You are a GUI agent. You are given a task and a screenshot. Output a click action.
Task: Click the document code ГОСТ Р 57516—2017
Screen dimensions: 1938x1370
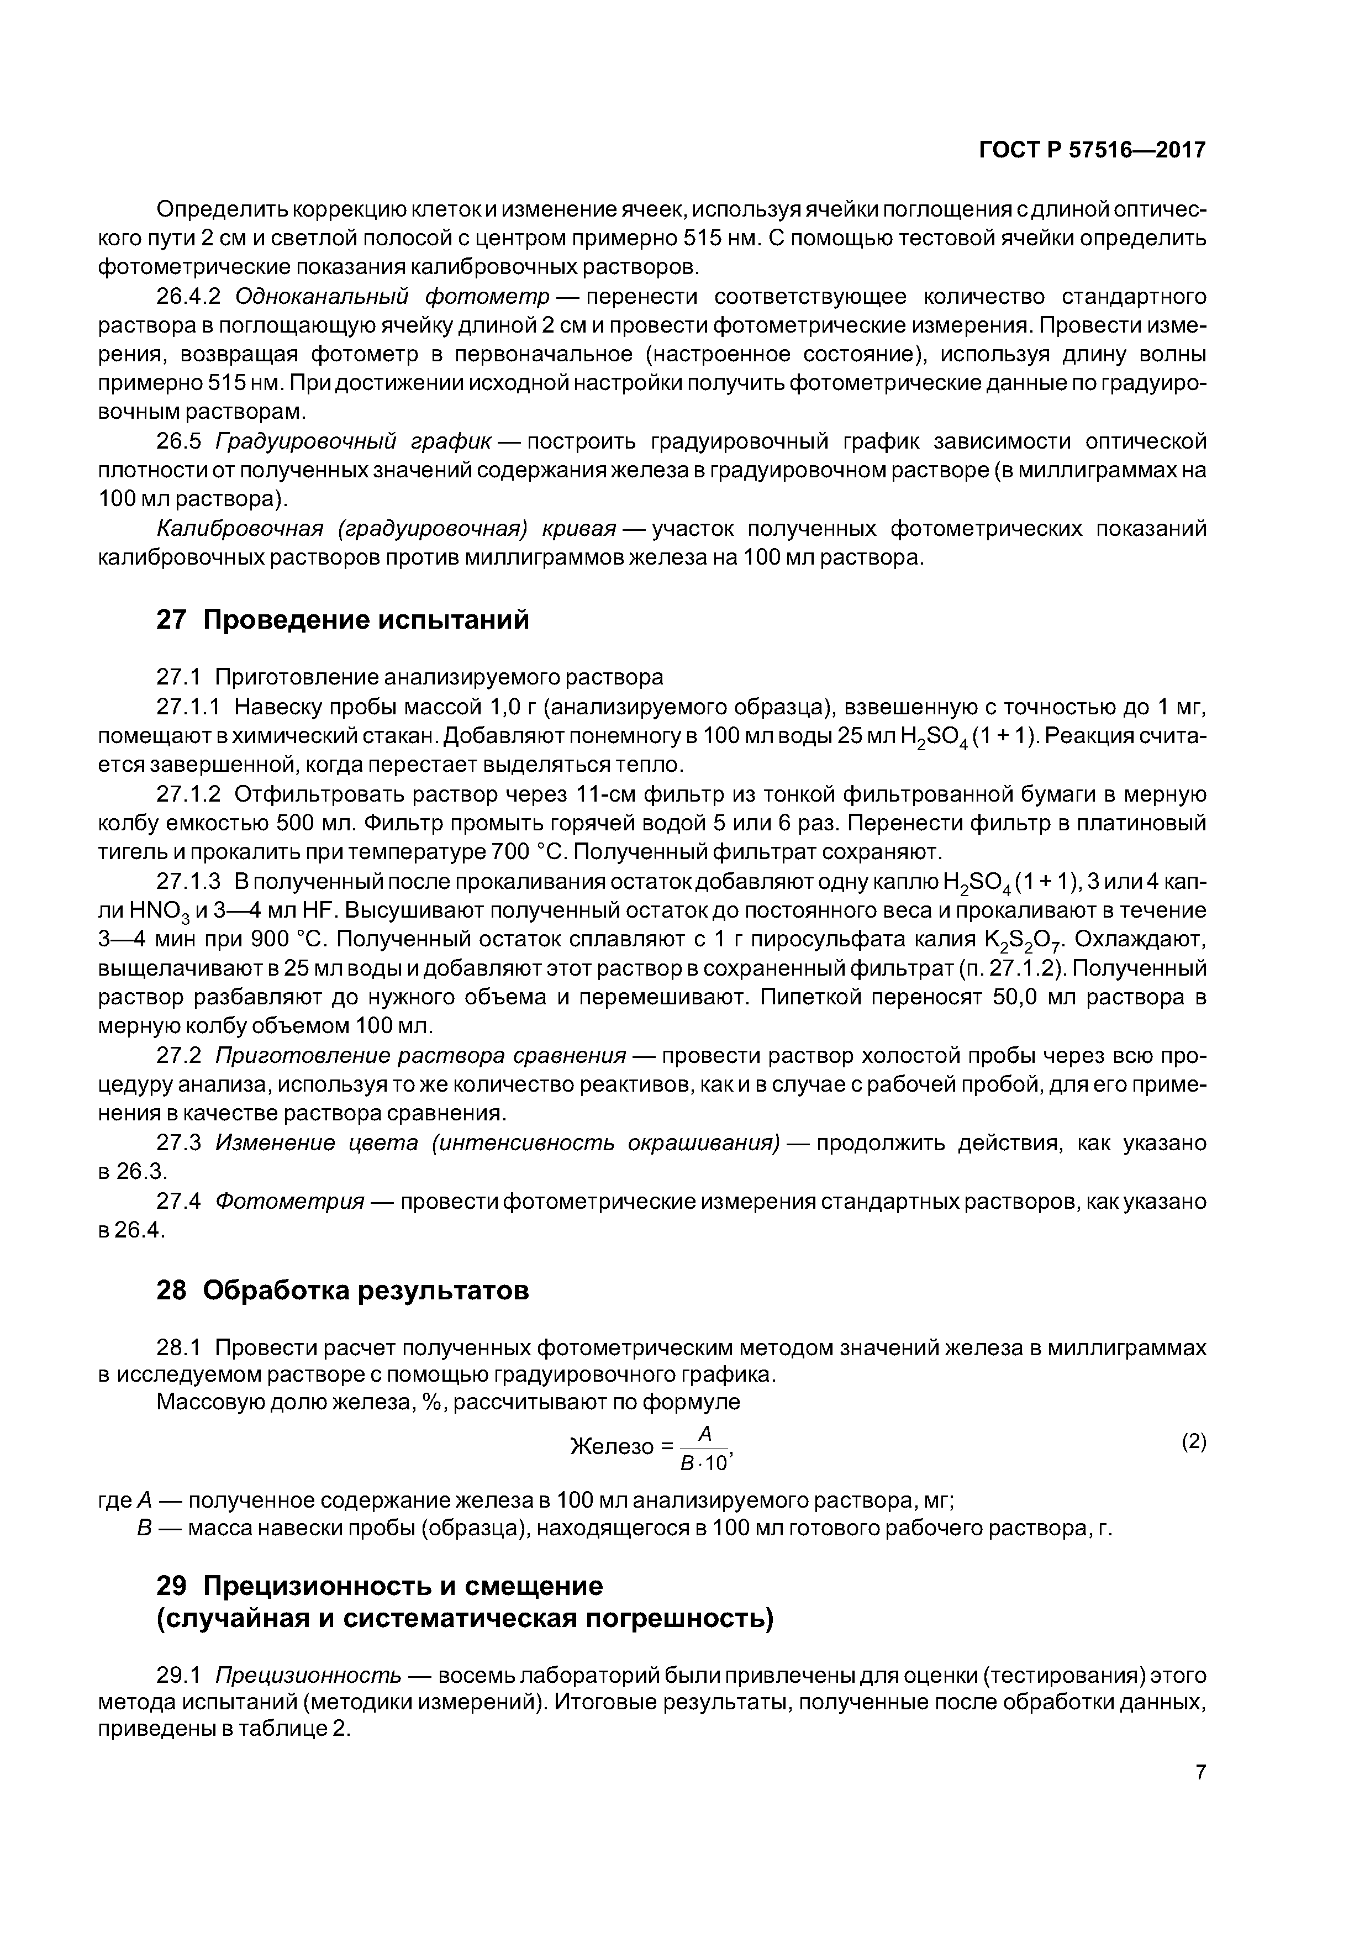(1092, 150)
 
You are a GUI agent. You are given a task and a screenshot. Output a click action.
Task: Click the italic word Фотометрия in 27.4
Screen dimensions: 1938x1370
(289, 1201)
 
